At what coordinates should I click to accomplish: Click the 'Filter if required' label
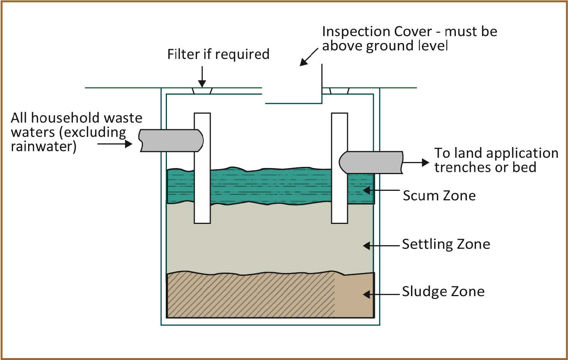tap(218, 54)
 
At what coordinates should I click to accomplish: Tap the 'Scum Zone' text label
tap(439, 195)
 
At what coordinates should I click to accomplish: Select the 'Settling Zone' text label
tap(446, 244)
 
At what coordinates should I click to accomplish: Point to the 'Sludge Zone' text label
tap(443, 292)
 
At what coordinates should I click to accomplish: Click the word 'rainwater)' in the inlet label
tap(43, 147)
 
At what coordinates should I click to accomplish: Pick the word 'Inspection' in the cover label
tap(358, 32)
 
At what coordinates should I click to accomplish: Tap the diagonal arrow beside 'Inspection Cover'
tap(308, 57)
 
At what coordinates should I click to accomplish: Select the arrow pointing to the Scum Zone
tap(380, 190)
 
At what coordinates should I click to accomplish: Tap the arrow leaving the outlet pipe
tap(416, 163)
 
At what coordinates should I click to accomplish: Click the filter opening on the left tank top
tap(202, 91)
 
